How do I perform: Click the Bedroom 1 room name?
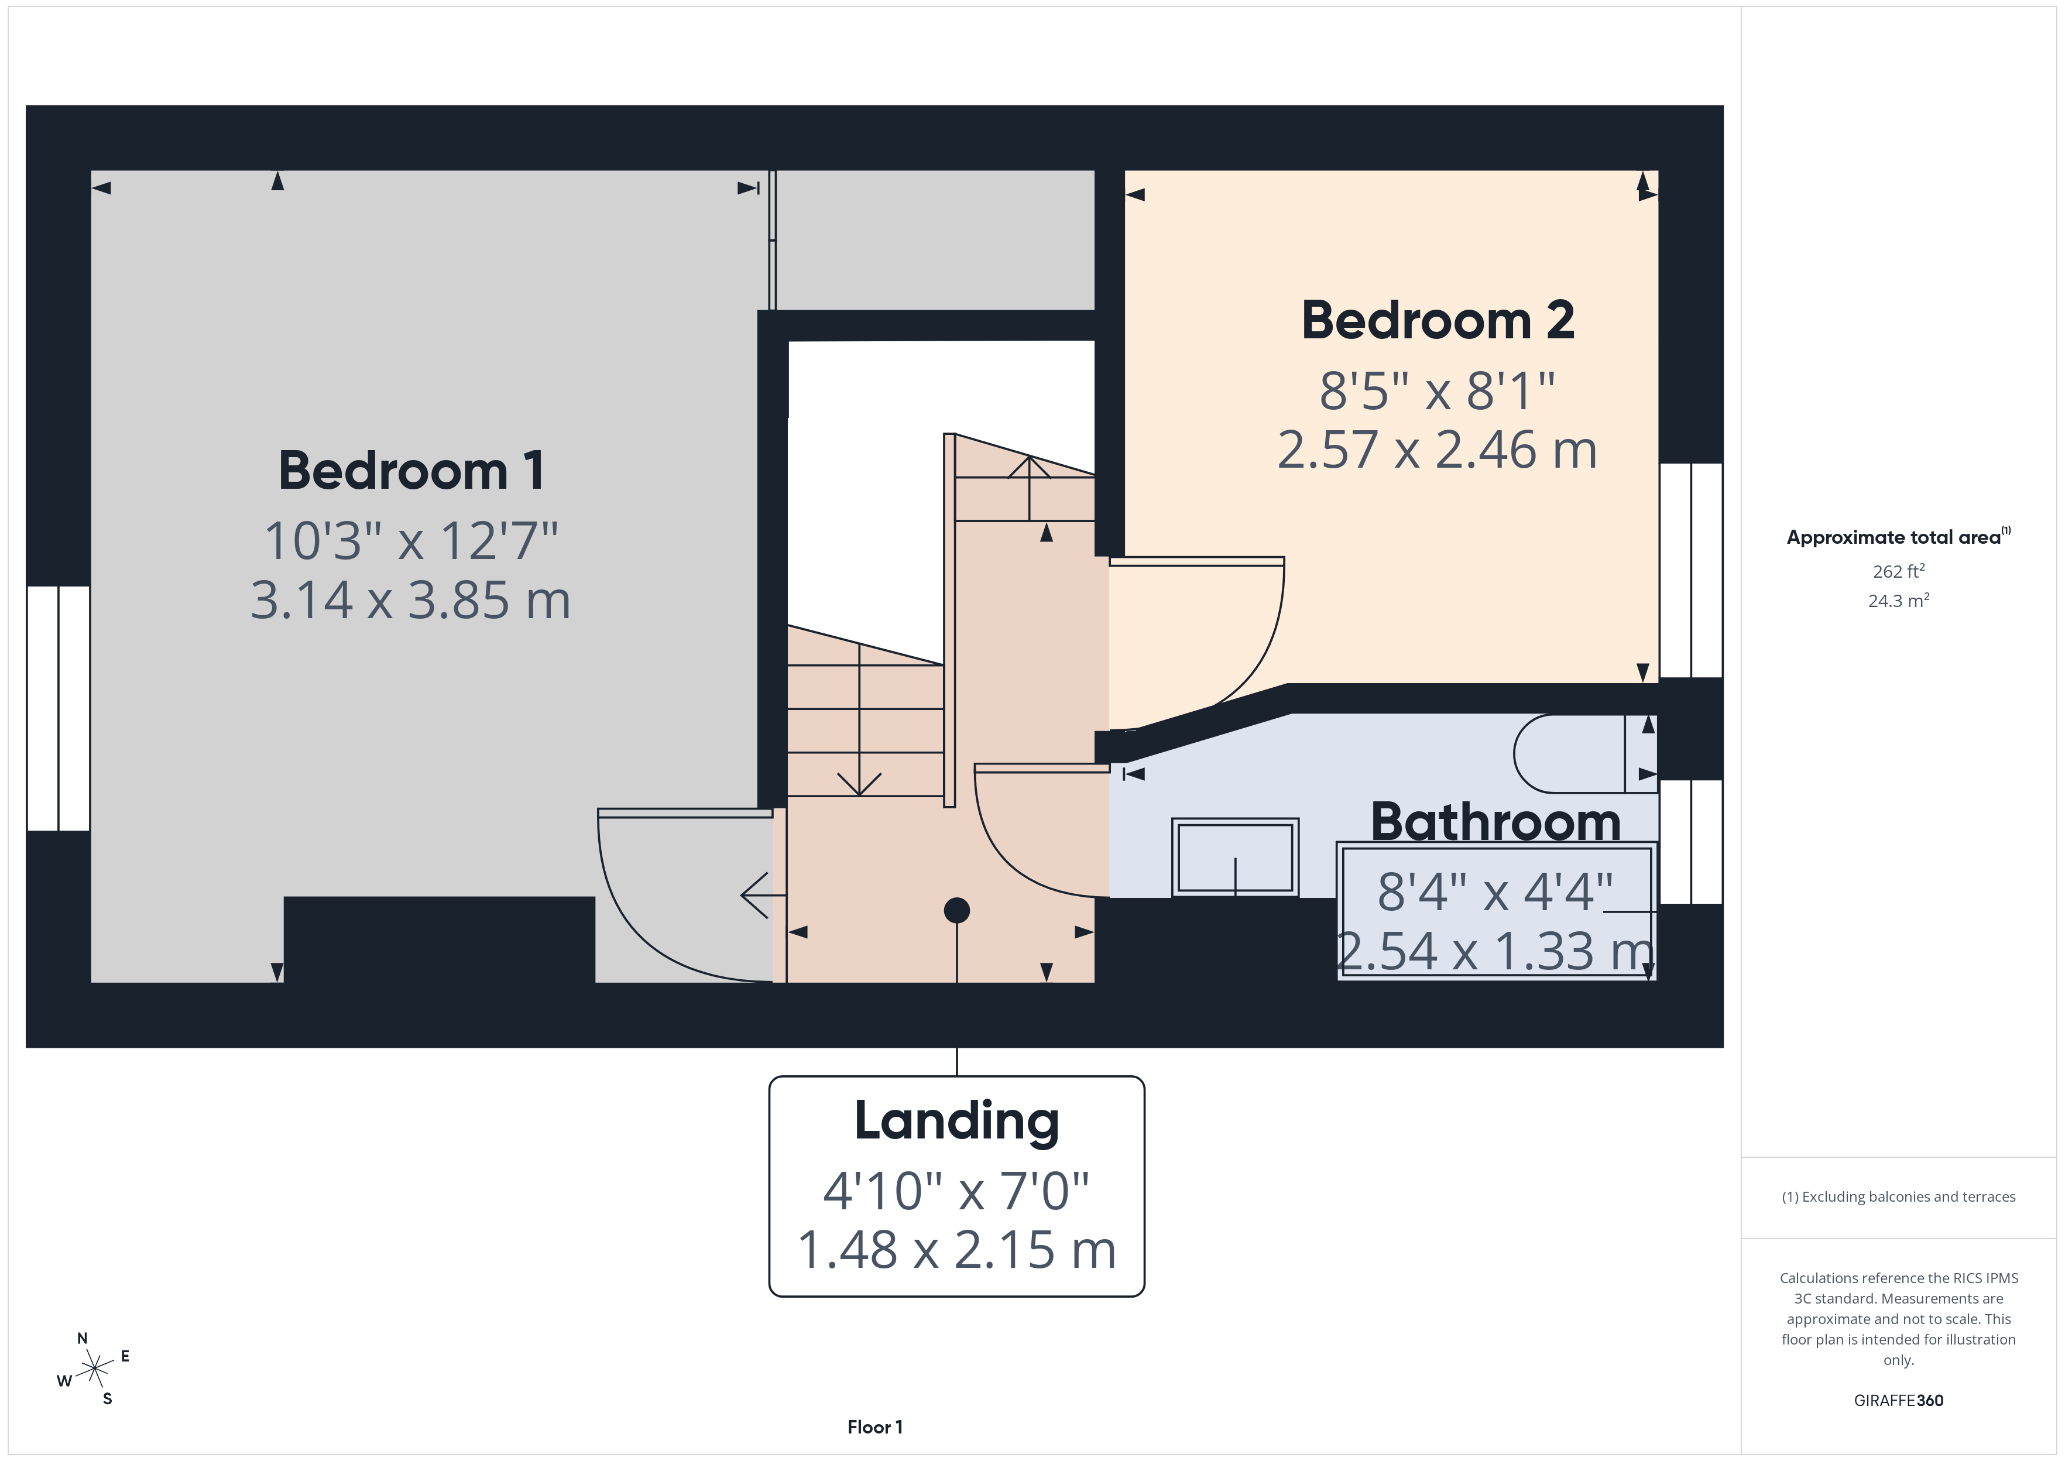[x=411, y=471]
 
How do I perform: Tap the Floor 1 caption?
[x=874, y=1427]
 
